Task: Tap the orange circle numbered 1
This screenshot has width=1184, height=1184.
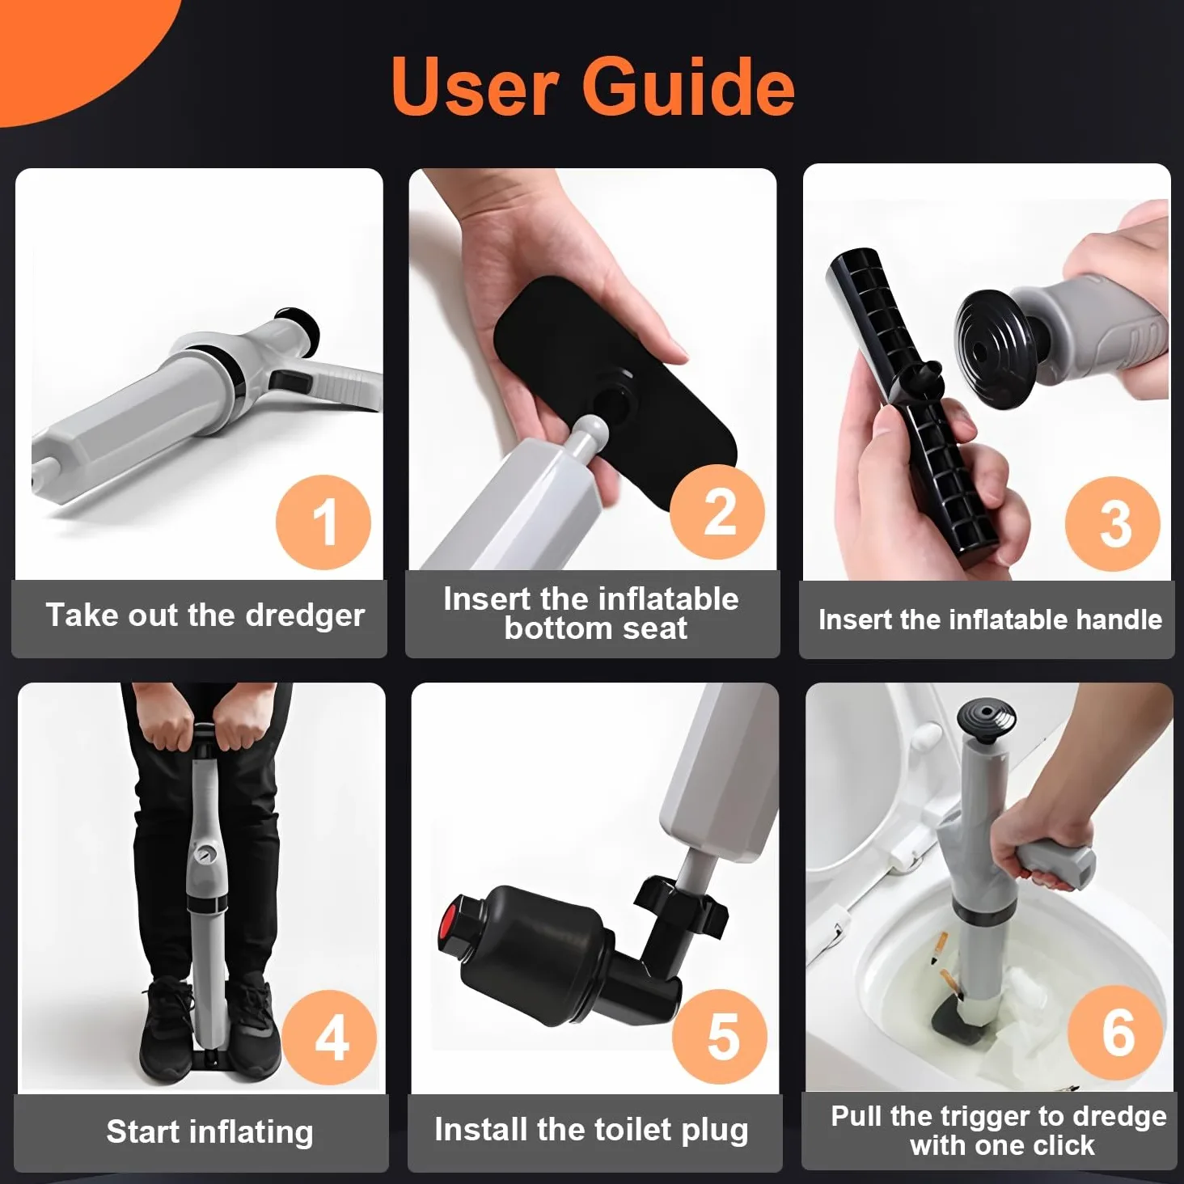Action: [x=323, y=522]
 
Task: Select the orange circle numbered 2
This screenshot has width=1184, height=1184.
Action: [x=717, y=512]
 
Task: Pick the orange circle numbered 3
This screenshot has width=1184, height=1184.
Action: [x=1113, y=523]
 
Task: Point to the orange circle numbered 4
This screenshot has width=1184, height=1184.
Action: [x=329, y=1038]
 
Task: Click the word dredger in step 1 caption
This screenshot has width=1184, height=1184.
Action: [x=305, y=615]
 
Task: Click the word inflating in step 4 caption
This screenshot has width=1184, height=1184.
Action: [x=252, y=1133]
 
